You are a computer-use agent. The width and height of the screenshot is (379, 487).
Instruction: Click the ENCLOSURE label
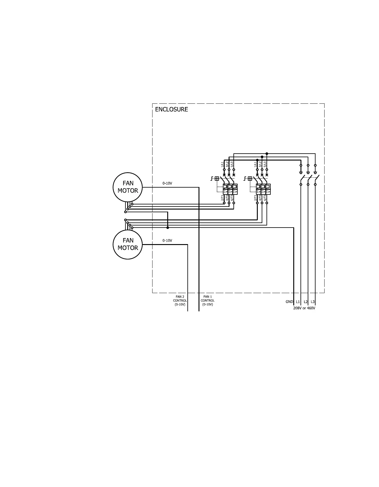pos(171,109)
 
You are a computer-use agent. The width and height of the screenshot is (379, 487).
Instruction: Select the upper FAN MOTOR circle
pos(128,187)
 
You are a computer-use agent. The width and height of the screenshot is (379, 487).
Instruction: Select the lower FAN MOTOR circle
pos(128,244)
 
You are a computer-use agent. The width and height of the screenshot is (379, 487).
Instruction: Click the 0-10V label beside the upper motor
pos(167,183)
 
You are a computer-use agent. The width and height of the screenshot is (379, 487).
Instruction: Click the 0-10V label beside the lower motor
pos(167,240)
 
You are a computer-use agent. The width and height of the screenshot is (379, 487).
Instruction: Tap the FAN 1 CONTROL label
pos(208,301)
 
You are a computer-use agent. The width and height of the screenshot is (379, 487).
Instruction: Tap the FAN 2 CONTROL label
pos(180,301)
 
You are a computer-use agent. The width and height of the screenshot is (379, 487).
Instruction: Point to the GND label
pos(289,302)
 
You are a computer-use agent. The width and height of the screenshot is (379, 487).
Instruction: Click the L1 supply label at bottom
pos(298,302)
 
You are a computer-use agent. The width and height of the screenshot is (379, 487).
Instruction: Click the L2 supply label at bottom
pos(306,302)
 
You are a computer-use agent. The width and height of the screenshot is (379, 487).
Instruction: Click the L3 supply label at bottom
pos(313,302)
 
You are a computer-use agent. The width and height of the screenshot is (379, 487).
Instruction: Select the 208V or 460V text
pos(304,308)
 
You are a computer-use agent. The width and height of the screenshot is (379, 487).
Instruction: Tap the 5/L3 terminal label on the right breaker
pos(265,164)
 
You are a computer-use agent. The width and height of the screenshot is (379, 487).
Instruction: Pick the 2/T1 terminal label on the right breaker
pos(255,198)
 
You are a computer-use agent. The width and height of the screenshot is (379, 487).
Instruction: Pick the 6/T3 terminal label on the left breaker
pos(232,198)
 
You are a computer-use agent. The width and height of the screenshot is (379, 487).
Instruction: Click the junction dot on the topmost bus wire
pos(267,154)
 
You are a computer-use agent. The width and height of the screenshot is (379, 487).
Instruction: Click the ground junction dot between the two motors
pos(168,228)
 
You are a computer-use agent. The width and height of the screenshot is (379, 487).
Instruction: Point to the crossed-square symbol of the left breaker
pos(217,179)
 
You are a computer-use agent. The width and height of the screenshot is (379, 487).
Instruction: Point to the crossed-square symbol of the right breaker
pos(250,179)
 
